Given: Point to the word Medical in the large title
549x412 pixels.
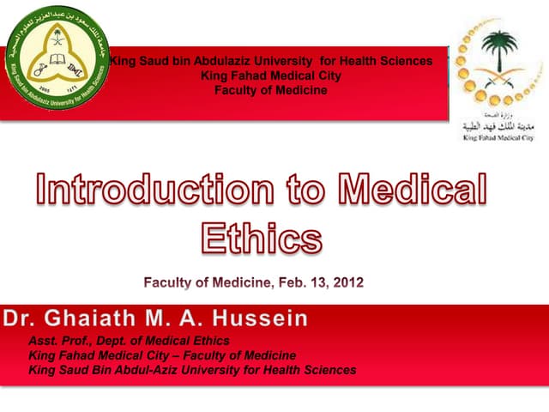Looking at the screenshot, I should click(413, 190).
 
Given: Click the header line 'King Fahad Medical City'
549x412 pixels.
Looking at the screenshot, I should click(270, 76).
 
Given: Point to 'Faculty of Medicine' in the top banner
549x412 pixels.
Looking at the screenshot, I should click(270, 90).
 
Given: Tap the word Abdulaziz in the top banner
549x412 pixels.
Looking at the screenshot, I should click(224, 61).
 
